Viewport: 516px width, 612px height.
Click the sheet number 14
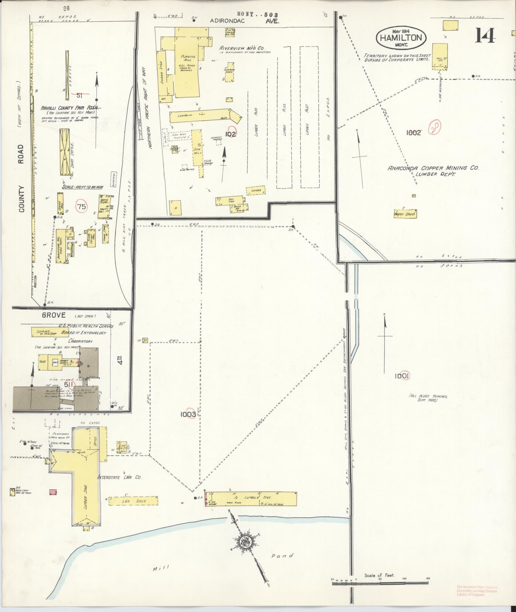point(485,36)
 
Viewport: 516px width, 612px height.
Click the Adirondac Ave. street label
point(244,21)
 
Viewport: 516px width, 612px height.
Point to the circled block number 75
point(82,207)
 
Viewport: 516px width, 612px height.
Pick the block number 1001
point(402,377)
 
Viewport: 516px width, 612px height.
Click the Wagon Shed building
point(405,214)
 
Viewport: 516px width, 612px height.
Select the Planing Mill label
point(188,59)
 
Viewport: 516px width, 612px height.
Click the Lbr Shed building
point(133,510)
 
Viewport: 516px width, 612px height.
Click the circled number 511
point(69,384)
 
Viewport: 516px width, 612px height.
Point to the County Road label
point(21,178)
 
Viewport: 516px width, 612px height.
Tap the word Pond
point(282,556)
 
